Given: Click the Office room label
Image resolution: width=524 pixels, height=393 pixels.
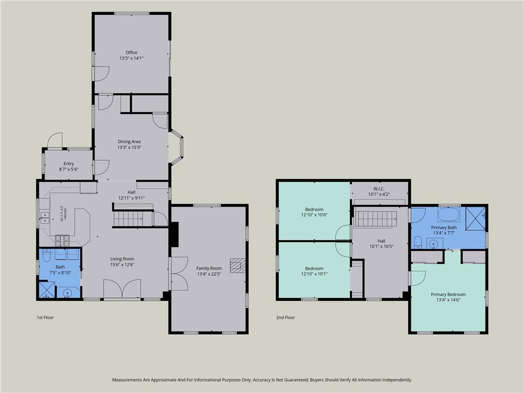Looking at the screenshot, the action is [x=132, y=53].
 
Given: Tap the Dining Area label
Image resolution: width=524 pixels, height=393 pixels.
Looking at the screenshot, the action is [x=129, y=142].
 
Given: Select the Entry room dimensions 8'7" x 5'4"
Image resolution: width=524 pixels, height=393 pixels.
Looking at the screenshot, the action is [x=69, y=169].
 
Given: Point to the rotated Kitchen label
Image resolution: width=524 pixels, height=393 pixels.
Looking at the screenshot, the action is [x=65, y=214].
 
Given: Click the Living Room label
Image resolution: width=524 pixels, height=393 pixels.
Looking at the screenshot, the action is [x=122, y=258].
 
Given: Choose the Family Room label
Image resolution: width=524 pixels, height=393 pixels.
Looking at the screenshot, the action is [x=209, y=268].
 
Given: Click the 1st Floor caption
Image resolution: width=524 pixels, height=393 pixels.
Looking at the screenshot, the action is [x=45, y=317].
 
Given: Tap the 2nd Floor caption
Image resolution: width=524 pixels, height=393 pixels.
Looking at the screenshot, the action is [x=286, y=317].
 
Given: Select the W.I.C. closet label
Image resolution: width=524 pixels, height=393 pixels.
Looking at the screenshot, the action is [x=379, y=189].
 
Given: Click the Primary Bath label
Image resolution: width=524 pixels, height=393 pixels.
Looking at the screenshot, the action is [x=444, y=228].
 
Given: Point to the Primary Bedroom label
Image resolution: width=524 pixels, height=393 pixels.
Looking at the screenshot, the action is [x=448, y=294].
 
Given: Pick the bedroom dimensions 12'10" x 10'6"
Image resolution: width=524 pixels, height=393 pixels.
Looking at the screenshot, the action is [x=314, y=215].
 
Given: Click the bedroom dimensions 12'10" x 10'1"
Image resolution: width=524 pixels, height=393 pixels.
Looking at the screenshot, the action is [x=314, y=274].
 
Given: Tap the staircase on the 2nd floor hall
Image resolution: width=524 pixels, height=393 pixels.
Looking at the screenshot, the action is [x=376, y=219].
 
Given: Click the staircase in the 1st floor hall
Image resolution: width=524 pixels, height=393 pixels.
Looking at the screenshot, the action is [x=128, y=219].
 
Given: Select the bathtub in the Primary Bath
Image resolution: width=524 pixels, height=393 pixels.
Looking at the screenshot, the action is [x=449, y=214].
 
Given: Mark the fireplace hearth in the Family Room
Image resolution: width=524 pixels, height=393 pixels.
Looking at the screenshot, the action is [x=237, y=266].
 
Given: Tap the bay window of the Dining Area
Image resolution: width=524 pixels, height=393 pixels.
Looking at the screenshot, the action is [x=178, y=147].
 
